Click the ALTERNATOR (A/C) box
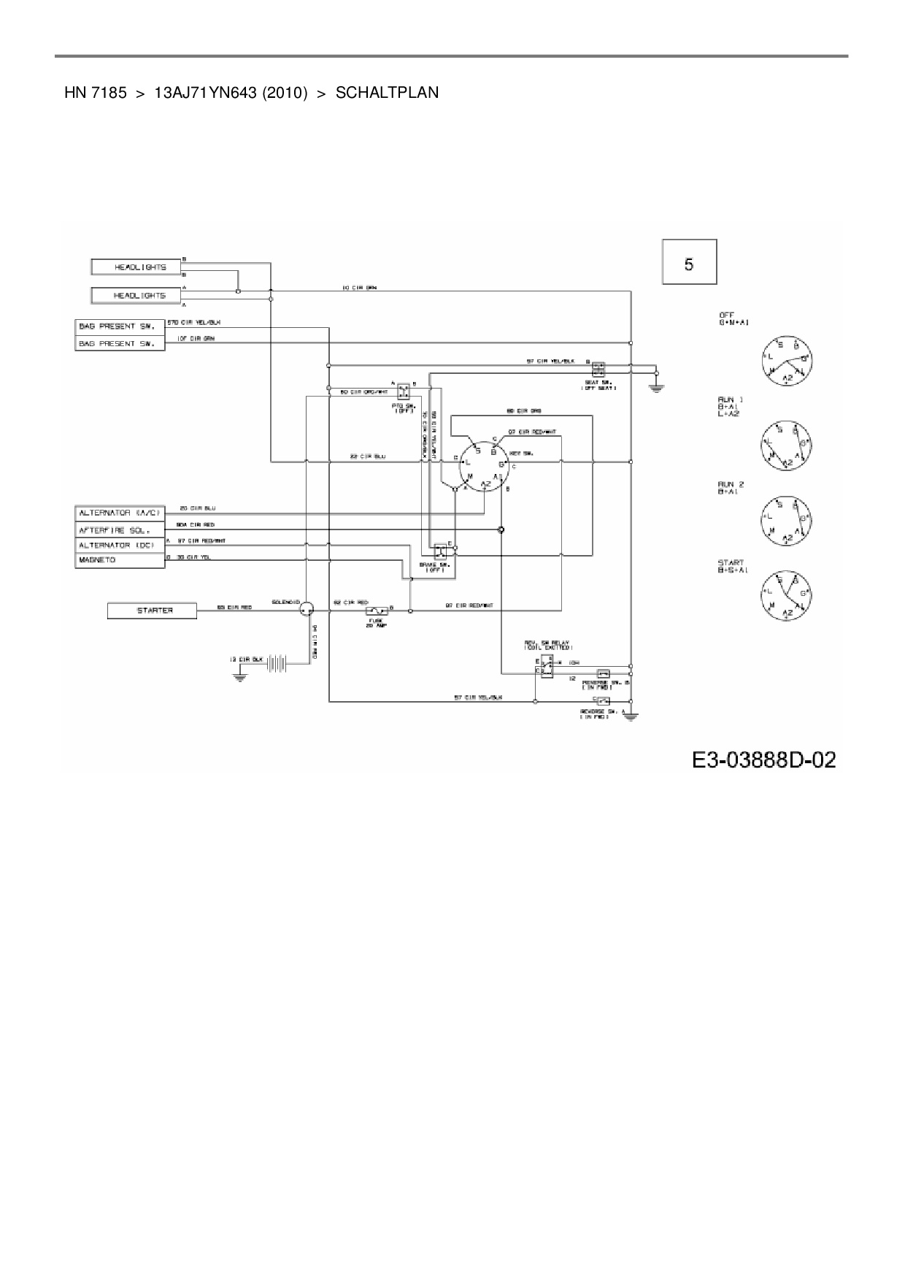pos(120,513)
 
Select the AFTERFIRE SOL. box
pos(120,529)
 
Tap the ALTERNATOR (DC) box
pos(120,546)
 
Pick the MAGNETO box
pos(120,561)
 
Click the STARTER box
pos(152,611)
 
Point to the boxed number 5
pos(689,261)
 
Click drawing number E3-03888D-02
pos(763,760)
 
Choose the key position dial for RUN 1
pos(785,444)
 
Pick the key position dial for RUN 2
pos(785,521)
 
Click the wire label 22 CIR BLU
pos(368,456)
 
